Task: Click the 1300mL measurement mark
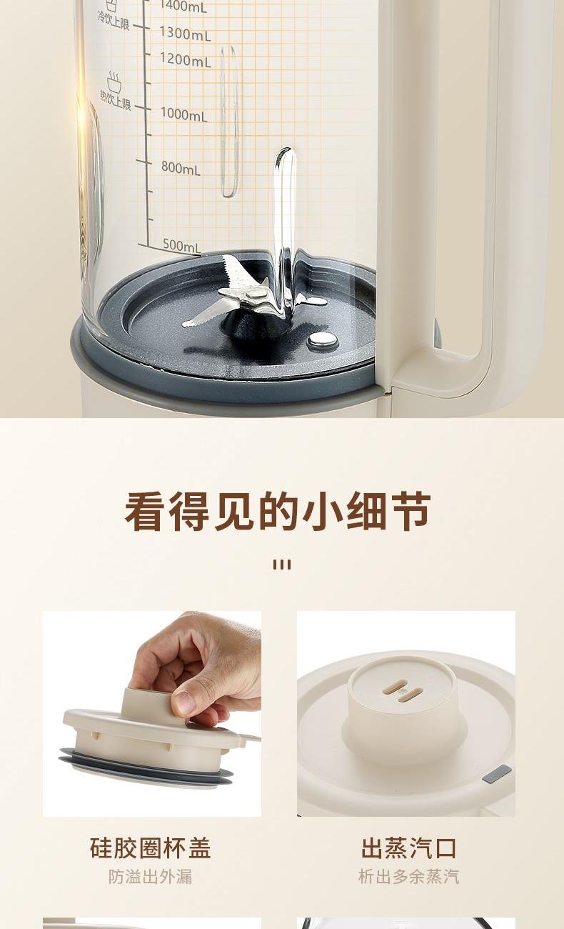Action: tap(185, 33)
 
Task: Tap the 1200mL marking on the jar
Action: tap(185, 60)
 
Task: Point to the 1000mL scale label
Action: tap(183, 114)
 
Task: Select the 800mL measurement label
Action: tap(181, 167)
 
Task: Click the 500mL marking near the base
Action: tap(181, 245)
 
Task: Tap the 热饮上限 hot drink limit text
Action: tap(115, 100)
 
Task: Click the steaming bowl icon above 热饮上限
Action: tap(114, 81)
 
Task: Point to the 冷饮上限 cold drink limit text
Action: tap(113, 21)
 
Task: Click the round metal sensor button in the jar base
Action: tap(323, 339)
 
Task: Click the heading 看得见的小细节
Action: tap(278, 512)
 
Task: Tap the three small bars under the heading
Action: tap(282, 565)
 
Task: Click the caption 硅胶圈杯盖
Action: tap(151, 848)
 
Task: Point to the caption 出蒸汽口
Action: tap(408, 848)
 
